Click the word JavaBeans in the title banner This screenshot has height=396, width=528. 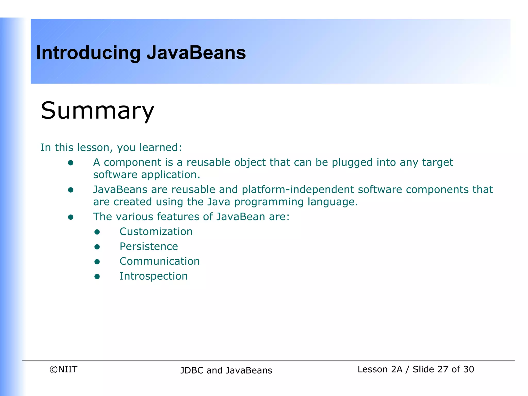(196, 53)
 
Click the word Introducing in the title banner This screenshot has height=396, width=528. (88, 53)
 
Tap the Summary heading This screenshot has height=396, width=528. (97, 111)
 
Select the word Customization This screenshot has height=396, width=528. (156, 232)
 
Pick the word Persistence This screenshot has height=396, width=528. (149, 246)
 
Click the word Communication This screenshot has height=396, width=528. (160, 261)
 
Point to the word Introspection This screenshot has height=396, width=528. (154, 276)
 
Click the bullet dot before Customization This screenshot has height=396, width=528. (97, 232)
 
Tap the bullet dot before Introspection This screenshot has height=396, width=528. (97, 277)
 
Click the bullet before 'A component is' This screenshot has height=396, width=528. (71, 163)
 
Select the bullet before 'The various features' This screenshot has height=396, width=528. (71, 217)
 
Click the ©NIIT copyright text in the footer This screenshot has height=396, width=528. (63, 369)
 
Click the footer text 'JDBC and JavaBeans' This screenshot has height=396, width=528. (226, 370)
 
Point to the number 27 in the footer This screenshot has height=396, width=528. (443, 369)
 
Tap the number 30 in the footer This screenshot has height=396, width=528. (468, 369)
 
